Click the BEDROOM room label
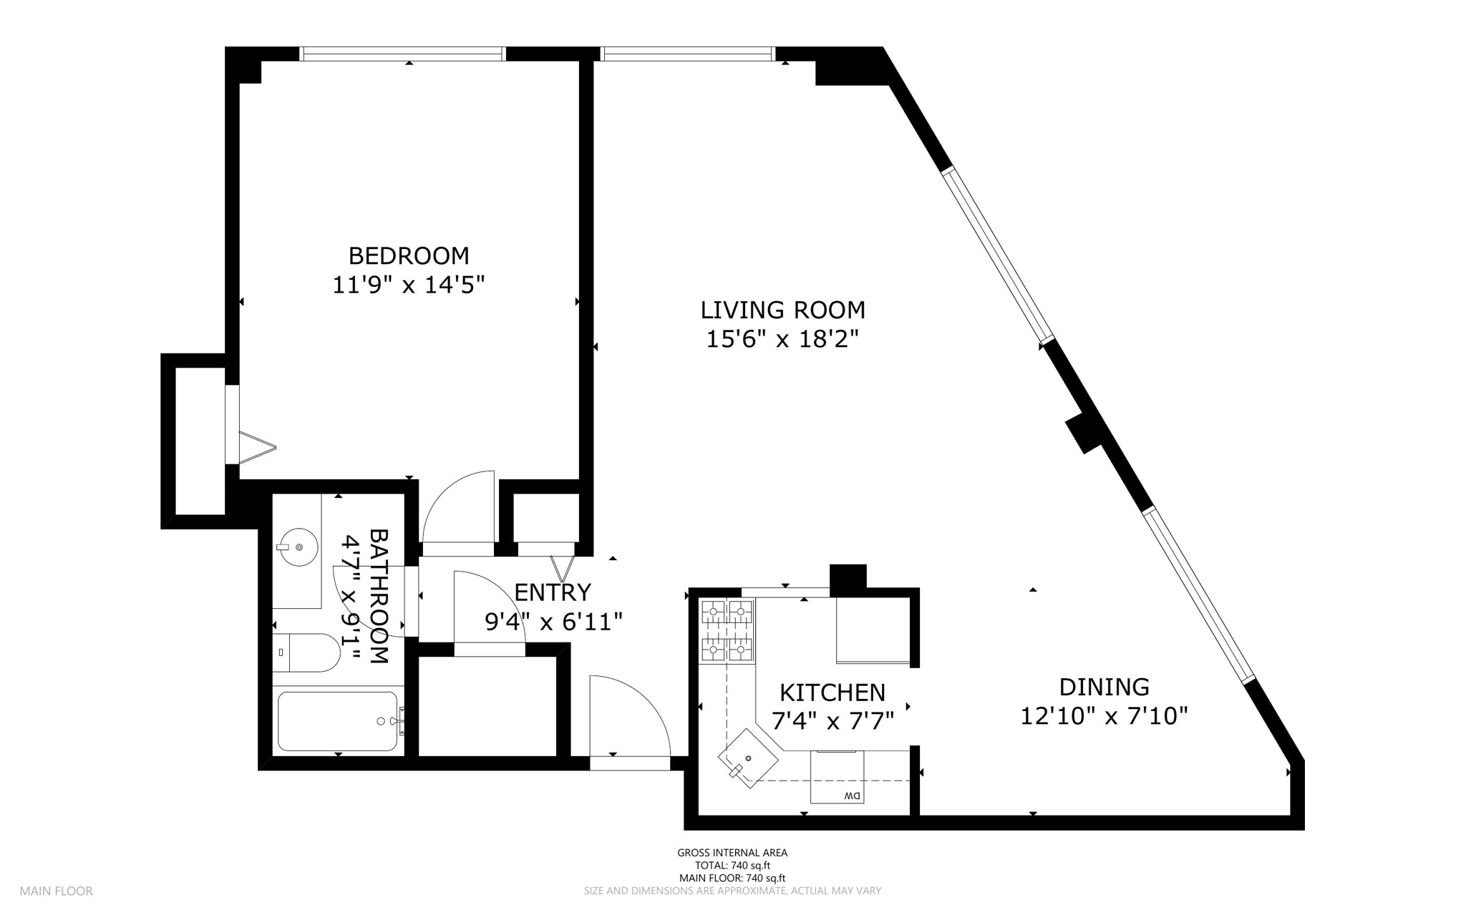click(x=409, y=255)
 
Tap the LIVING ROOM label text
click(x=782, y=310)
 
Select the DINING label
click(x=1104, y=687)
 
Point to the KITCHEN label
click(x=832, y=693)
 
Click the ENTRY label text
click(x=553, y=592)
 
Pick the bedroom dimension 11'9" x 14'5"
click(x=409, y=285)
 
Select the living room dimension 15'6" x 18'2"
click(x=782, y=338)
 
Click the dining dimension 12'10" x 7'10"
click(x=1104, y=715)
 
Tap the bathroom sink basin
click(x=298, y=547)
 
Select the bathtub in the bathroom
click(x=337, y=721)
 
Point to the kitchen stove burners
click(x=727, y=630)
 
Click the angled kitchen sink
click(x=748, y=758)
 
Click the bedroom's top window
click(x=403, y=54)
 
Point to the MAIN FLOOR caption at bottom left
click(x=56, y=891)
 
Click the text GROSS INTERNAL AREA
click(x=732, y=853)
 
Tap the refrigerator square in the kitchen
click(x=873, y=630)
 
